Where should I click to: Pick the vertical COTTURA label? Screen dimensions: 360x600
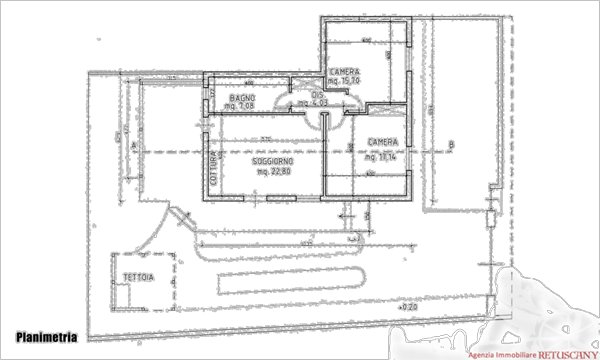[213, 164]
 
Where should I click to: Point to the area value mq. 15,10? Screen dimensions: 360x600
[345, 81]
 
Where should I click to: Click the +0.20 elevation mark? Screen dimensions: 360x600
[406, 308]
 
